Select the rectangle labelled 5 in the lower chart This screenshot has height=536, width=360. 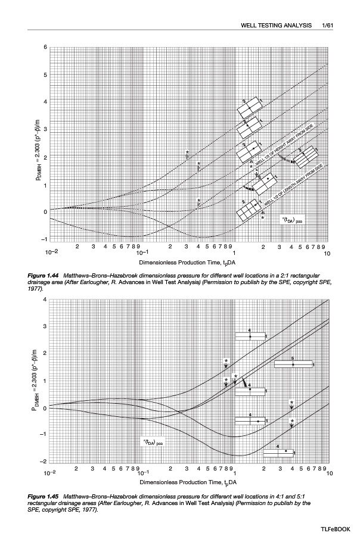point(293,363)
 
